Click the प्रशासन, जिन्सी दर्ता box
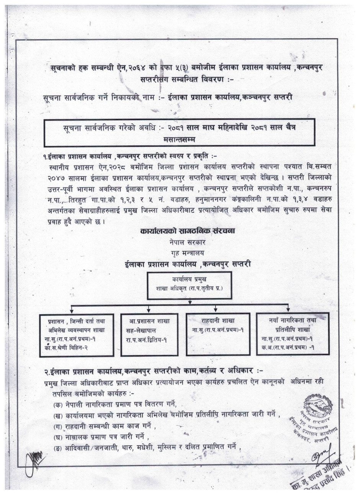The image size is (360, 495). click(77, 334)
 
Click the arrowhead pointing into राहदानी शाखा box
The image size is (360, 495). click(217, 309)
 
